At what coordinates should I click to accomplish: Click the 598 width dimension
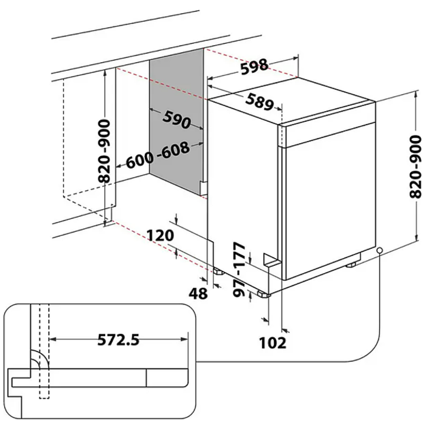coord(255,66)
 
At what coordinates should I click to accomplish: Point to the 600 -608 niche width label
coord(158,155)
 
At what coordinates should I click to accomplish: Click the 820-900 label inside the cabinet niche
coord(104,151)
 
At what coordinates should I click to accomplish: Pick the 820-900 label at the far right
coord(415,167)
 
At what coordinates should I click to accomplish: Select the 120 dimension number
coord(160,236)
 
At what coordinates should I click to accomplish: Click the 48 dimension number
coord(199,294)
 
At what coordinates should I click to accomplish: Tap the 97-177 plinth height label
coord(239,269)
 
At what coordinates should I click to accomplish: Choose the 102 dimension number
coord(273,343)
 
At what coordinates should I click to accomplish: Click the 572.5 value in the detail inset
coord(118,340)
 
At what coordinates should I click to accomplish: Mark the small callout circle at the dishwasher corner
coord(379,250)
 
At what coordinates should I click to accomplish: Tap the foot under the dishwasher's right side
coord(351,265)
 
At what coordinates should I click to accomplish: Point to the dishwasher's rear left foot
coord(218,272)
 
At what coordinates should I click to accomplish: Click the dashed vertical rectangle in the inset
coord(44,351)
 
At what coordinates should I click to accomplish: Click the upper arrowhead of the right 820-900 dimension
coord(415,95)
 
